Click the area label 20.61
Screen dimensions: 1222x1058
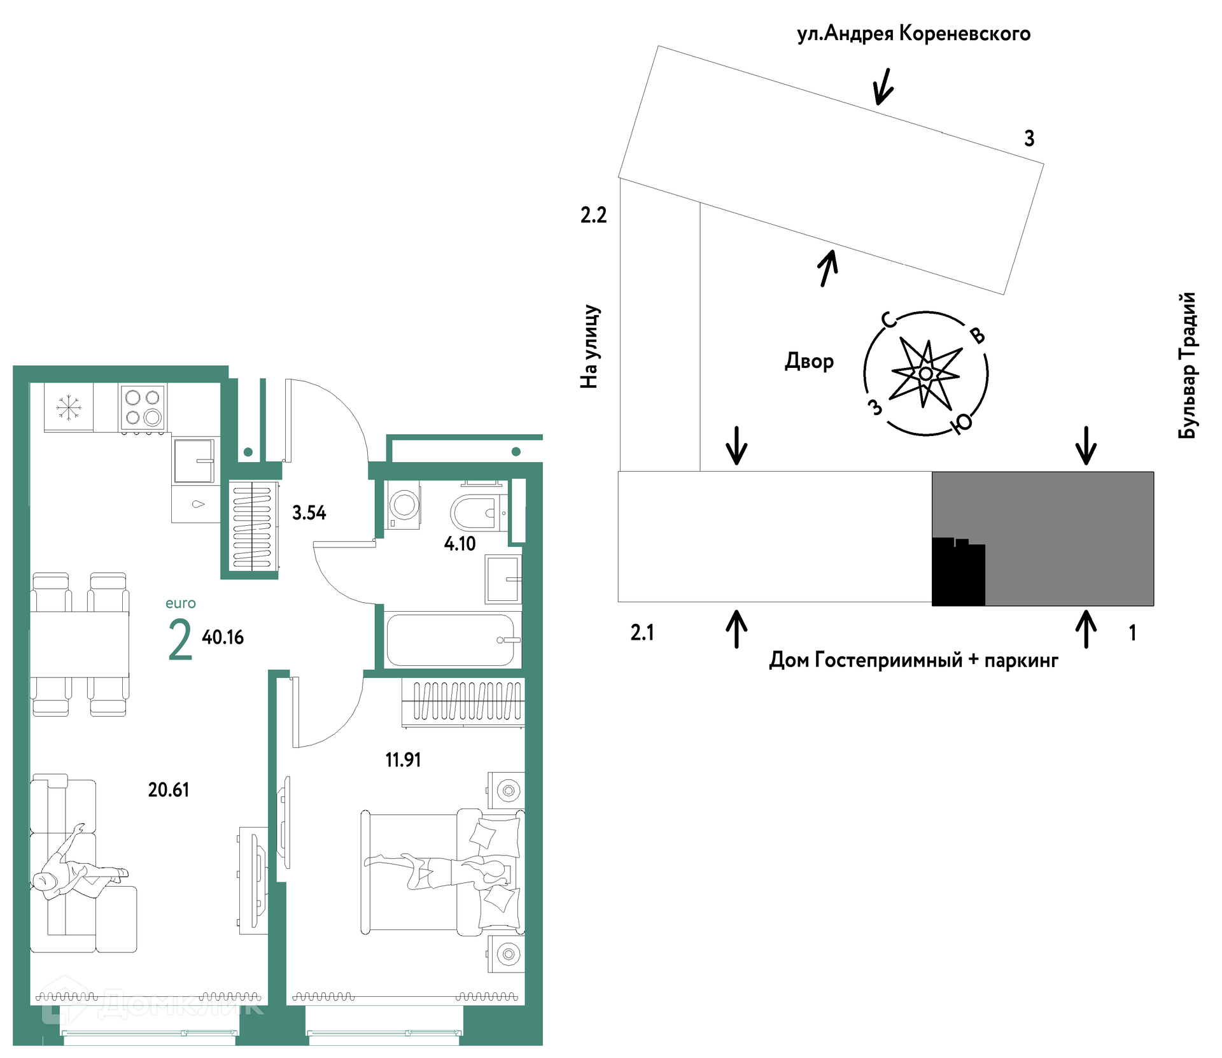169,790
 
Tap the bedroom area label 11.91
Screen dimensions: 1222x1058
403,759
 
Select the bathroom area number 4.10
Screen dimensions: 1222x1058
460,544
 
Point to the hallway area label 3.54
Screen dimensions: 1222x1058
309,512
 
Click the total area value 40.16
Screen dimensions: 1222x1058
223,637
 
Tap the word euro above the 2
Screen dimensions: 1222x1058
181,603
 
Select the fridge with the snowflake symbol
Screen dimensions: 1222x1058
69,407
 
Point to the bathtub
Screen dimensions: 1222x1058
451,640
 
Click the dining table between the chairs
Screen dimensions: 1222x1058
80,644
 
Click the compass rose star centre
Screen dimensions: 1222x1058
926,374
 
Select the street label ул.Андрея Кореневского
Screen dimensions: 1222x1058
914,34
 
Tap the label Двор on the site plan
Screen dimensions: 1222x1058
810,361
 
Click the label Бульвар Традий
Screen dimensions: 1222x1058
1188,365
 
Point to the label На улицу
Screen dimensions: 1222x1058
590,346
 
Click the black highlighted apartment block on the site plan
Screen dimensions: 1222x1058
959,572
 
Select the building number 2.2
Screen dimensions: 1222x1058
593,215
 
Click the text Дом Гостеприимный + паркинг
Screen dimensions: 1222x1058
914,660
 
